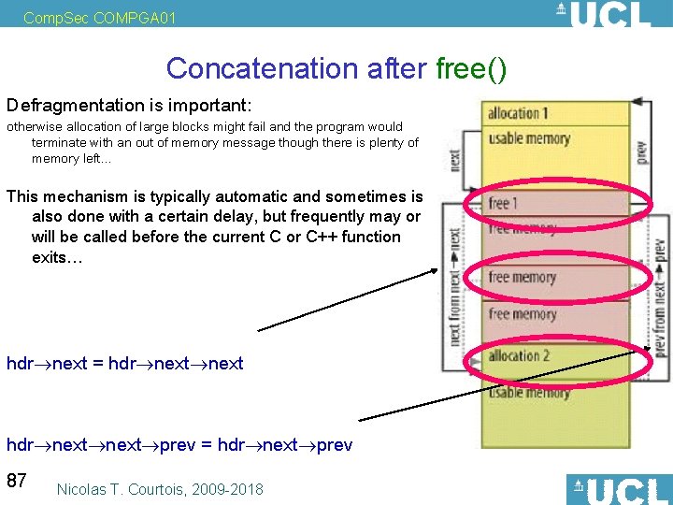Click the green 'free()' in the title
pyautogui.click(x=471, y=68)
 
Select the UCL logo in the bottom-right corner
pyautogui.click(x=618, y=489)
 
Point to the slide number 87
pyautogui.click(x=17, y=481)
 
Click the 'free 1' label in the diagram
pyautogui.click(x=503, y=203)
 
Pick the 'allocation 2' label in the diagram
pyautogui.click(x=518, y=355)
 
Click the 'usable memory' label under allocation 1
pyautogui.click(x=529, y=139)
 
